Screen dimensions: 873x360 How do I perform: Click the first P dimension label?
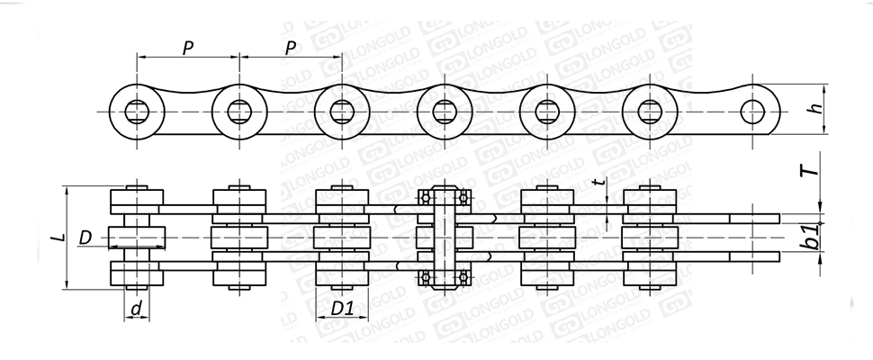tap(188, 49)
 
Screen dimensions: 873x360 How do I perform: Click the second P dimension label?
tap(290, 49)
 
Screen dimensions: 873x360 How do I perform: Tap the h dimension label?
tap(816, 109)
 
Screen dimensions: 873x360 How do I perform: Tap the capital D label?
tap(85, 238)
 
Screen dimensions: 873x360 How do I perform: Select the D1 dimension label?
tap(342, 308)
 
